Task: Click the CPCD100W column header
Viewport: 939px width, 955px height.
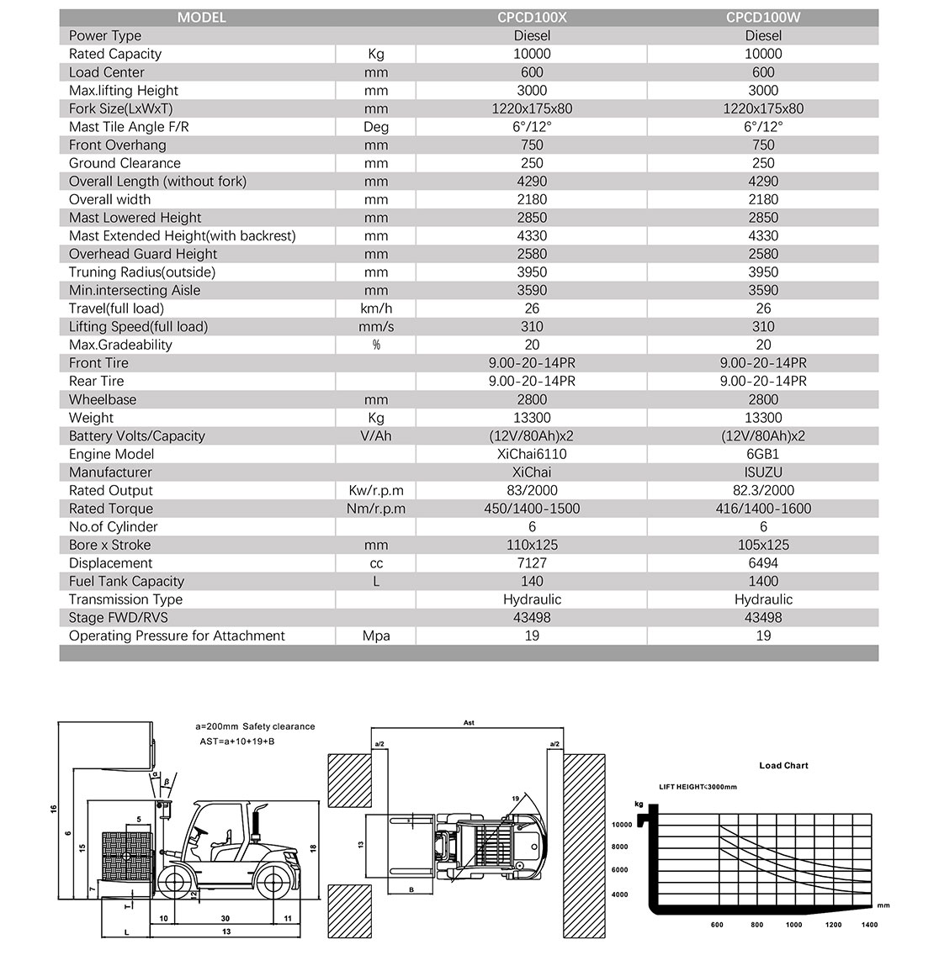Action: (763, 17)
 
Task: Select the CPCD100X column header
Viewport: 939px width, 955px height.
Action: (532, 17)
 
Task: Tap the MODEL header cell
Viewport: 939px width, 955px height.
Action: (201, 17)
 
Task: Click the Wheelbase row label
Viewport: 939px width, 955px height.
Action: (103, 399)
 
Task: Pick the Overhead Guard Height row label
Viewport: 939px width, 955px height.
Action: (143, 254)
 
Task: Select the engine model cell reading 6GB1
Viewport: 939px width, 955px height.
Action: (763, 454)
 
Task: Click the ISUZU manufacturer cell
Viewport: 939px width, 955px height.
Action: (763, 472)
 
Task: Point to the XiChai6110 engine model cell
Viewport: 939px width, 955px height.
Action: (532, 454)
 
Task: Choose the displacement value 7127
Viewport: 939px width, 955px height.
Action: (532, 563)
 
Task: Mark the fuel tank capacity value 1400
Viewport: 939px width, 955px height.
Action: (763, 581)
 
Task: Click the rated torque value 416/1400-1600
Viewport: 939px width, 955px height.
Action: (763, 509)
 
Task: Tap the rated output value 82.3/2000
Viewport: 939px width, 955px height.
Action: (763, 490)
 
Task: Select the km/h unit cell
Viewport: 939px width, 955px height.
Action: (376, 309)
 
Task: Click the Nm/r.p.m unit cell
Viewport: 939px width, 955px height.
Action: (376, 509)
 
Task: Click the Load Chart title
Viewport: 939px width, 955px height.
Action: (783, 766)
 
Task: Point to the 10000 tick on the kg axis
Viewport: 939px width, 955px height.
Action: (620, 825)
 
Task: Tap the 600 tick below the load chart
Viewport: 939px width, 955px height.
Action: (717, 925)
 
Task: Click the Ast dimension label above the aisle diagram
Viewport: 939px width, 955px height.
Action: (469, 723)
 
